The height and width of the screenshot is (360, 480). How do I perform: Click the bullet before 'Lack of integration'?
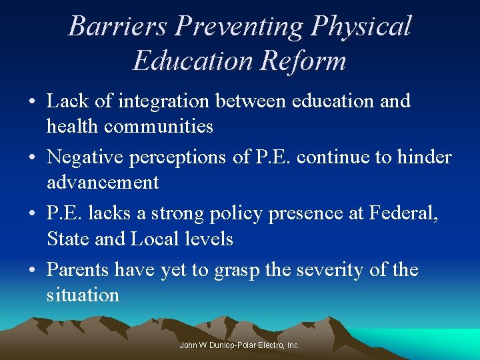click(32, 103)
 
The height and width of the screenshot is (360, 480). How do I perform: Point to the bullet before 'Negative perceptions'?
click(32, 159)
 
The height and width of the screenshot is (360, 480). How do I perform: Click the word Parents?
click(78, 270)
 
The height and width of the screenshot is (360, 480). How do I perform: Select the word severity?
click(321, 270)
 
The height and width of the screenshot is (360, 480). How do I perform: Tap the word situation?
click(83, 295)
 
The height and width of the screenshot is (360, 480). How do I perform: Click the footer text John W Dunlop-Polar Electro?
click(240, 345)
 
